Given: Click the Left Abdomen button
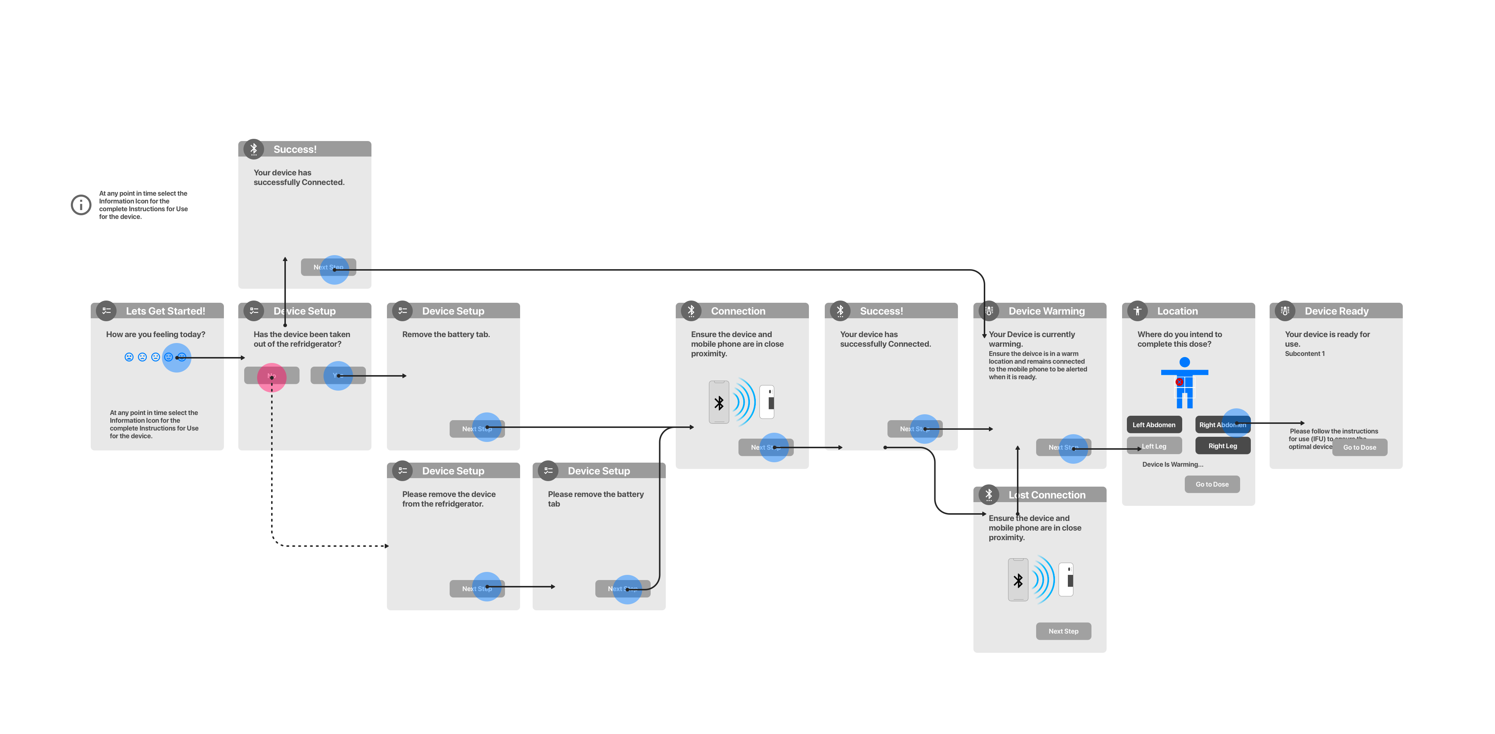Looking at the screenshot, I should (1154, 425).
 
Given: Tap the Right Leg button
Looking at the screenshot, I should (1222, 446).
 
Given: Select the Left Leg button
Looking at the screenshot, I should (1154, 446).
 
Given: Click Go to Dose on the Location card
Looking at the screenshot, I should (1212, 484).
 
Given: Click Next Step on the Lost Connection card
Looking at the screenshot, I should (1063, 631).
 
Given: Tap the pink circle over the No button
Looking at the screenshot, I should (271, 377).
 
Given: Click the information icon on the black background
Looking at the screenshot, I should (81, 205).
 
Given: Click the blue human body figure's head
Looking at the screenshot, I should (1184, 362).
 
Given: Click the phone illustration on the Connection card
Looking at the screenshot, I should (719, 402).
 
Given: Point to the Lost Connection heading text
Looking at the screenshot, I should (1047, 495).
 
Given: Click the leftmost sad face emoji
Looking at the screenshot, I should (129, 357).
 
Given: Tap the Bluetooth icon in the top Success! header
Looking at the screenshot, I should (254, 149).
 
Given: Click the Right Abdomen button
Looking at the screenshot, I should (1222, 425).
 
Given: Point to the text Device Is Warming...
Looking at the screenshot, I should (1172, 464).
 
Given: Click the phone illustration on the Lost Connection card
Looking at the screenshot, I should (1018, 580).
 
